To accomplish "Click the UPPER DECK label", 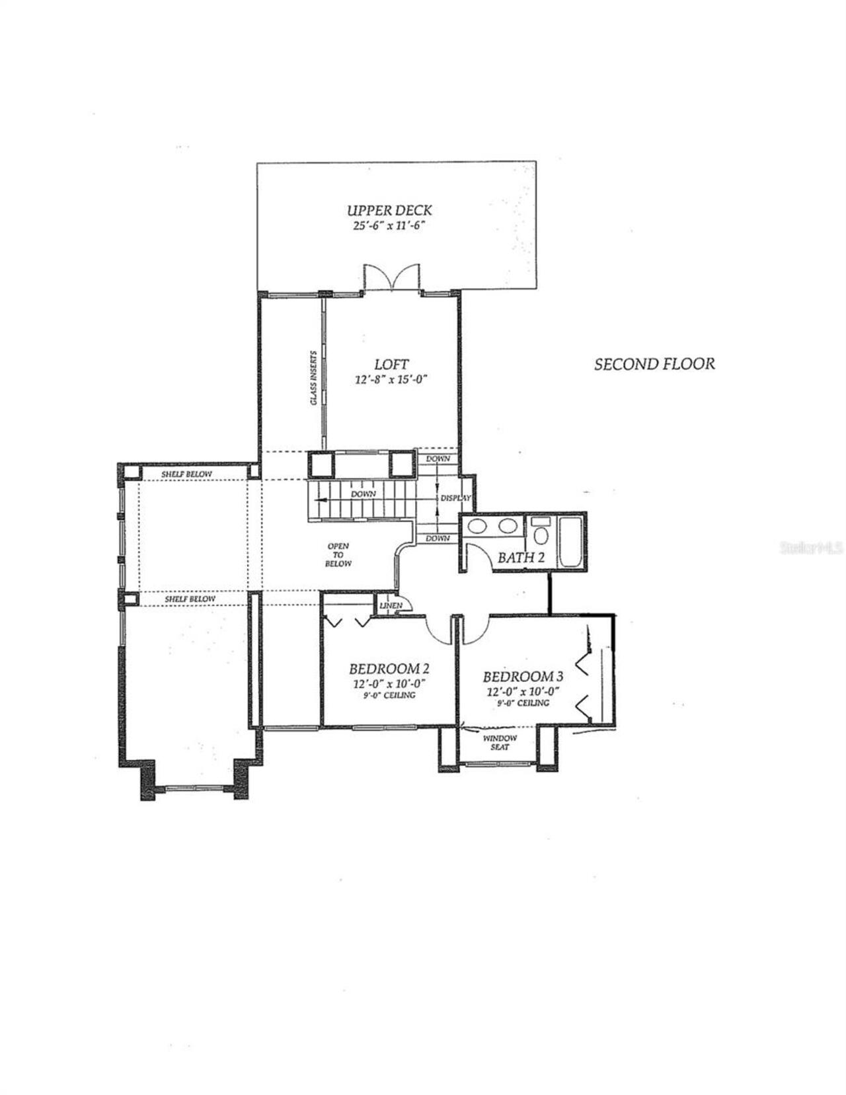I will tap(389, 210).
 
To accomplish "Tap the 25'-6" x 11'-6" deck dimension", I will tap(389, 226).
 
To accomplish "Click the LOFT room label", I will tap(391, 364).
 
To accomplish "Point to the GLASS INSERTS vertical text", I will tap(314, 378).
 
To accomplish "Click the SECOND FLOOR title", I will tap(654, 364).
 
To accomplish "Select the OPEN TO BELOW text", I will tap(338, 555).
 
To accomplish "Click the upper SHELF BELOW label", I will tap(187, 474).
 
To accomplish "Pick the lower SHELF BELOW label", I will tap(190, 599).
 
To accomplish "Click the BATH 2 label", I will tap(521, 558).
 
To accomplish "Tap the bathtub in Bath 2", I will tap(570, 542).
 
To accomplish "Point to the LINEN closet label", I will tap(390, 605).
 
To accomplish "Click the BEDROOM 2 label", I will tap(385, 668).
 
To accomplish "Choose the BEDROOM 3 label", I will tap(523, 677).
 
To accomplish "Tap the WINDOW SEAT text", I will tap(500, 743).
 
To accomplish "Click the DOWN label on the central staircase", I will tap(363, 494).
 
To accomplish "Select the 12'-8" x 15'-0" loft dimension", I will tap(392, 380).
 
